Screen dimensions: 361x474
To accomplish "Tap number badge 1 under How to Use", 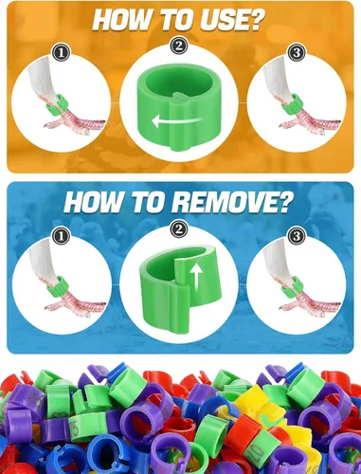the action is pos(61,52).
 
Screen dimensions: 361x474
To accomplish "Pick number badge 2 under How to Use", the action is pos(179,46).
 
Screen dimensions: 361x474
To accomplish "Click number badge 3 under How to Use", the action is pos(297,52).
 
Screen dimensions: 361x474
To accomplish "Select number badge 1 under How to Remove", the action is pos(61,236).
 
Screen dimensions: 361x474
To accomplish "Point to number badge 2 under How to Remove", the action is pos(179,229).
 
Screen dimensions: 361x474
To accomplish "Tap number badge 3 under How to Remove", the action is pos(297,236).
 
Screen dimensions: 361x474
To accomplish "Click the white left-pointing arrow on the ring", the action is pos(176,120).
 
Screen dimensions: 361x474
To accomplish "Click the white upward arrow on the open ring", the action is pos(197,278).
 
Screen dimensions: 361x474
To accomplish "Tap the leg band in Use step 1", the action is pos(56,104).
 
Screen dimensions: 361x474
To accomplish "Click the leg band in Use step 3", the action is pos(293,103).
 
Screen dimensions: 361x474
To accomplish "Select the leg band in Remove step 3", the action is pos(293,286).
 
